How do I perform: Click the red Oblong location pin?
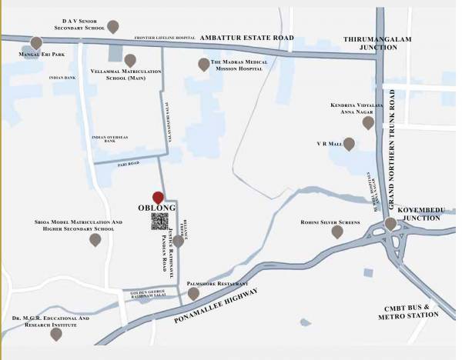click(158, 197)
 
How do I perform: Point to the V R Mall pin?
click(349, 144)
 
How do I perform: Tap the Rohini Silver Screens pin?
click(336, 232)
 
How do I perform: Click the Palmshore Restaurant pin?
click(193, 293)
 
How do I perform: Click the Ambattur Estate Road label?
click(246, 37)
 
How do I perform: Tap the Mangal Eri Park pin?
click(36, 43)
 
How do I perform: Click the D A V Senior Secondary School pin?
click(112, 27)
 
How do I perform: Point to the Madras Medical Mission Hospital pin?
click(203, 65)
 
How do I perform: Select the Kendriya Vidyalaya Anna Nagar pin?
click(368, 122)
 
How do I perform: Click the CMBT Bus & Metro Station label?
click(408, 312)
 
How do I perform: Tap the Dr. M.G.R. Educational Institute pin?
click(56, 334)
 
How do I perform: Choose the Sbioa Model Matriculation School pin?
click(95, 240)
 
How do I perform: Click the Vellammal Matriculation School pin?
click(130, 60)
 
